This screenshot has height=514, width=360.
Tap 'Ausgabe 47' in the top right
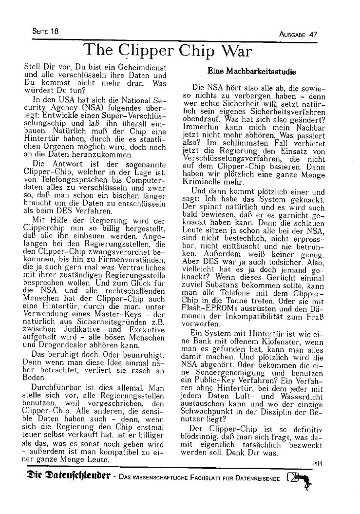pos(298,34)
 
